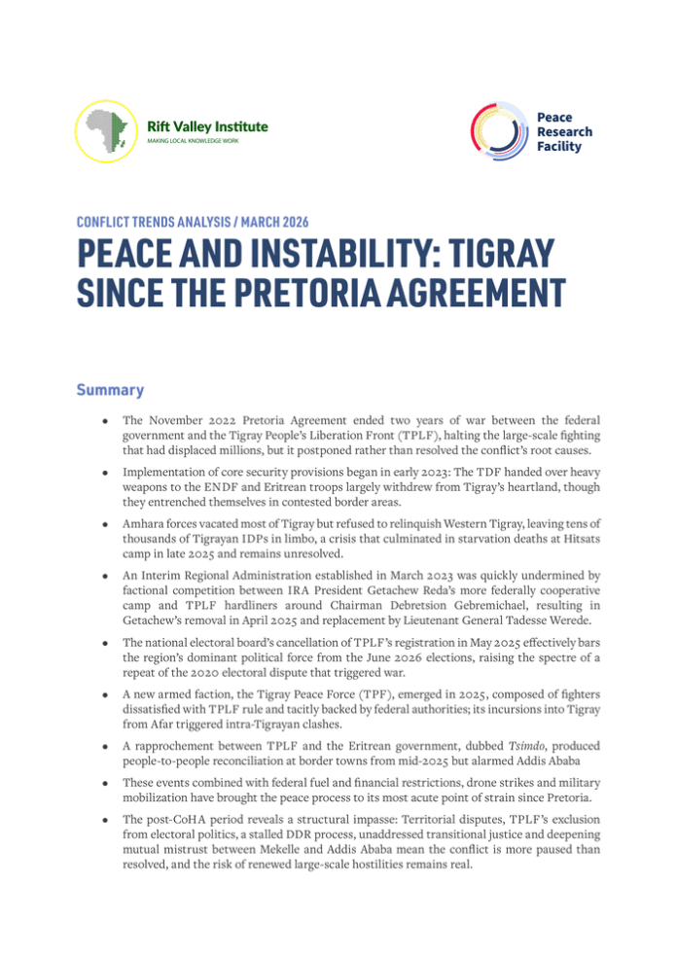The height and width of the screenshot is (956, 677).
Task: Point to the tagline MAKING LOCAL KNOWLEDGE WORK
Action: pyautogui.click(x=190, y=142)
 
